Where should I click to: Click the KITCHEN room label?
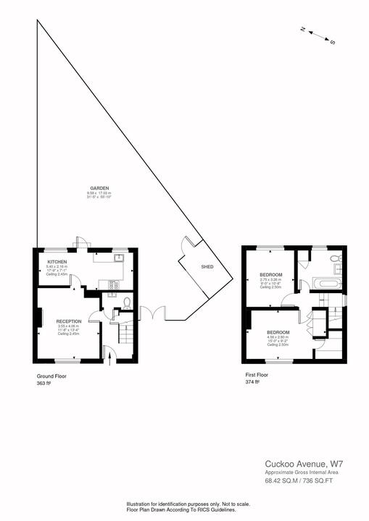(57, 260)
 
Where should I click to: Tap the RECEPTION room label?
(69, 320)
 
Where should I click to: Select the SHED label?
(207, 267)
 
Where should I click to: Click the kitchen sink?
(120, 257)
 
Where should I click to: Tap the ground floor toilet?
(127, 303)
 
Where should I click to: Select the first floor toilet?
(335, 259)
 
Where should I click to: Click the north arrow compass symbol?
(318, 35)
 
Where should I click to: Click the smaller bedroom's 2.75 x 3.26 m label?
(270, 279)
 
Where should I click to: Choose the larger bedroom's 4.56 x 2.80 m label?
(278, 336)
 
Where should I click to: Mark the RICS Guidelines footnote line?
(184, 509)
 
